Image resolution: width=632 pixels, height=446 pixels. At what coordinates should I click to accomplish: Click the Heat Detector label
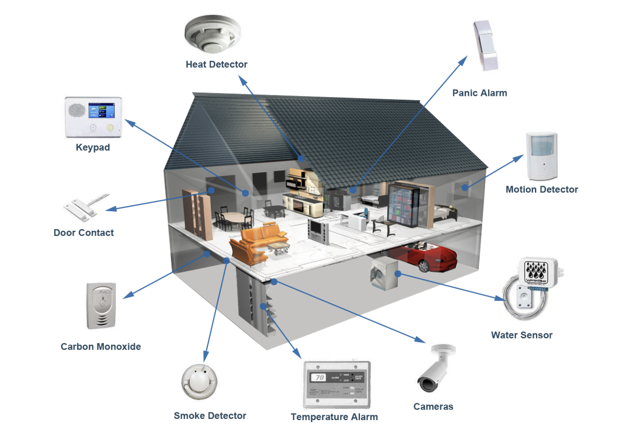tap(216, 64)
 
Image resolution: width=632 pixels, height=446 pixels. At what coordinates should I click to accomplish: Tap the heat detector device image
tap(212, 34)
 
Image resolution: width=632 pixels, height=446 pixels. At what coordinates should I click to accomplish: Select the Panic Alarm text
tap(480, 93)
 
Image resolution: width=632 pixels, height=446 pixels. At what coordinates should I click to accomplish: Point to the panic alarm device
tap(486, 45)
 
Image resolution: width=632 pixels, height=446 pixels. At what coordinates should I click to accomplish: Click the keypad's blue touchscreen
tap(101, 110)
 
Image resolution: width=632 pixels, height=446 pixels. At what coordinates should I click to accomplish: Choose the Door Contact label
tap(83, 233)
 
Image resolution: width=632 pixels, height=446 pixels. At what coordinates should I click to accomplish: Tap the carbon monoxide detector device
tap(101, 306)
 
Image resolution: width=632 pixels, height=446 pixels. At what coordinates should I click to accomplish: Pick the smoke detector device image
tap(199, 382)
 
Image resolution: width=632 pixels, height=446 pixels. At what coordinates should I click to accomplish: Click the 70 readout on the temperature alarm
tap(319, 377)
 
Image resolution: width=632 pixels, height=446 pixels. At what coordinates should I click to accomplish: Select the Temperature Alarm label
tap(334, 417)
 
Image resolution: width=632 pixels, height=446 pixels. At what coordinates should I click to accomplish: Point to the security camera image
tap(436, 368)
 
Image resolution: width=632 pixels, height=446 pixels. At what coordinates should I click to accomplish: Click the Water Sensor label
tap(521, 335)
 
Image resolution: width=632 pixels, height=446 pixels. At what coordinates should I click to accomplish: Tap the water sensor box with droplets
tap(537, 271)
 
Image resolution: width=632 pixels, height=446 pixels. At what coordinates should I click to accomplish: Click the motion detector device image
tap(542, 156)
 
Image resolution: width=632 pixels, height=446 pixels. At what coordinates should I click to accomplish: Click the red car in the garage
tap(427, 256)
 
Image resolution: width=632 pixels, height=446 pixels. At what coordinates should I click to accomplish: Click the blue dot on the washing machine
tap(397, 274)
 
